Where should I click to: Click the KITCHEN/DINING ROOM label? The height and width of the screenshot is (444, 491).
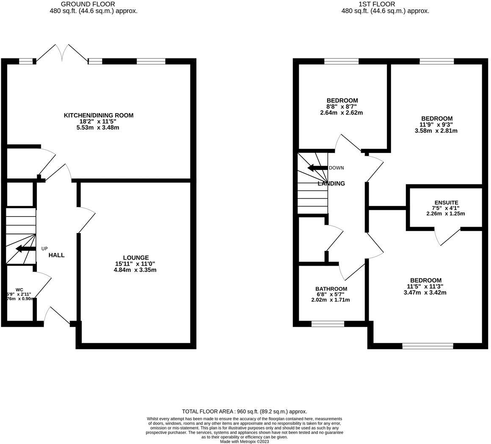(x=98, y=115)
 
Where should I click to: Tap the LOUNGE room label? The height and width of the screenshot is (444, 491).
(x=135, y=258)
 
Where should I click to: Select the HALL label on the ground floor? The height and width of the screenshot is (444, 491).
(x=56, y=255)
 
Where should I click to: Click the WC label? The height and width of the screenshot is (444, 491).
(x=19, y=290)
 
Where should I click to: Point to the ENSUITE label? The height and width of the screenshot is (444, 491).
(x=446, y=203)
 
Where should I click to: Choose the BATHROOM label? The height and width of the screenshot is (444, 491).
(x=331, y=289)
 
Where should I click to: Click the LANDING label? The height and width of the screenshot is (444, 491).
(x=331, y=183)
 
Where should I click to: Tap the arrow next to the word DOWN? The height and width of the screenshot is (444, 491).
(x=317, y=168)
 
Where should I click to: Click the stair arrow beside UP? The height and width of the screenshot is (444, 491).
(x=25, y=249)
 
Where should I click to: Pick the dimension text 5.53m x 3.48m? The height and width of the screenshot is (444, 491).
(x=98, y=128)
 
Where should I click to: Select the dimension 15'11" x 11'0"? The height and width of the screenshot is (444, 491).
(x=135, y=264)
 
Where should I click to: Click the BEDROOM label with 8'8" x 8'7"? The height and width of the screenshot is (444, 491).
(x=342, y=100)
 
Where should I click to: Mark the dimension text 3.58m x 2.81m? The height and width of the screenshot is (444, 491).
(x=436, y=131)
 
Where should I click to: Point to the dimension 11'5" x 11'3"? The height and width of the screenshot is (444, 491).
(x=425, y=286)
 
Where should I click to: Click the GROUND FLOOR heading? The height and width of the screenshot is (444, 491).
(x=88, y=4)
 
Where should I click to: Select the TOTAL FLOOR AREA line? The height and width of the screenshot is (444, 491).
(x=244, y=411)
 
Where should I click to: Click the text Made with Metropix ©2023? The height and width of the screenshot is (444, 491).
(x=244, y=441)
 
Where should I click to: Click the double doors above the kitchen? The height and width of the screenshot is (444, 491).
(x=62, y=53)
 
